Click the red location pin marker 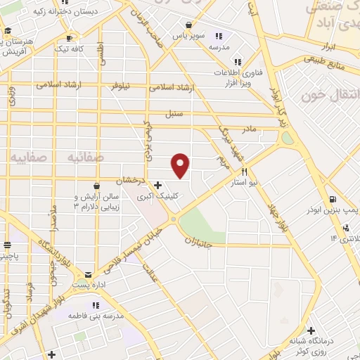point(181,165)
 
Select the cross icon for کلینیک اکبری point(157,185)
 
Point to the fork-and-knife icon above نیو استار point(245,172)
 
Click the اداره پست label point(89,285)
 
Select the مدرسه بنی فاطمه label point(96,316)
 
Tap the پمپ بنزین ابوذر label point(335,210)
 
